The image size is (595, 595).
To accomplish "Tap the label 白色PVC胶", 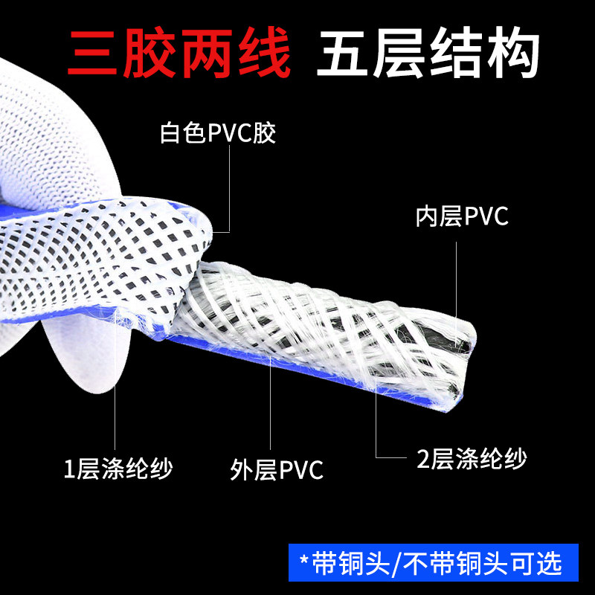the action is click(218, 135).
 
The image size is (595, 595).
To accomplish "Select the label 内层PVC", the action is click(462, 217).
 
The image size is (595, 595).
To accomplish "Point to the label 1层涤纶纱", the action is click(118, 469).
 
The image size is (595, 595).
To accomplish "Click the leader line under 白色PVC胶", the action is click(230, 186).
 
